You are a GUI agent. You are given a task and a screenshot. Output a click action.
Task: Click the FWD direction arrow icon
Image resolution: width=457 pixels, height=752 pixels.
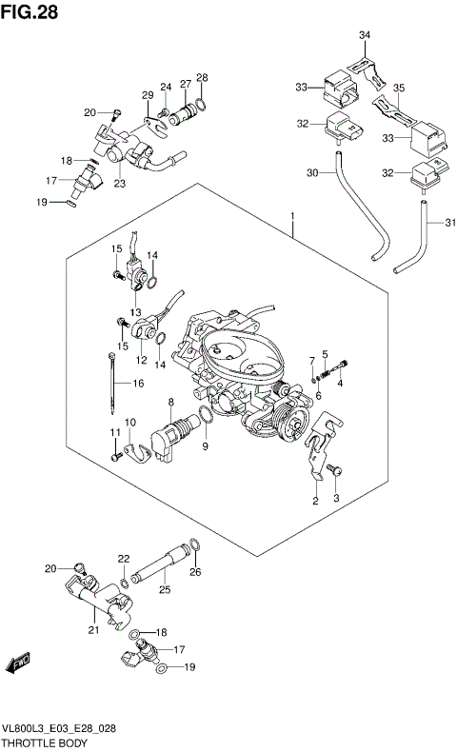point(18,661)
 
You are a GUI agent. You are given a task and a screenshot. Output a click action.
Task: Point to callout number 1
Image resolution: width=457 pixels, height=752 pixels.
point(291,218)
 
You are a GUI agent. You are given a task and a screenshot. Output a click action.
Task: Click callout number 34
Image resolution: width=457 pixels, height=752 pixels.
point(364,35)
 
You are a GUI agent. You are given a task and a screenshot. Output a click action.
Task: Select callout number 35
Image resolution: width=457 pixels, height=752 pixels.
point(399,88)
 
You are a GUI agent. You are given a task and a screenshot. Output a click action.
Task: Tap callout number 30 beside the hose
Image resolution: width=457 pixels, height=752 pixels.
point(312,172)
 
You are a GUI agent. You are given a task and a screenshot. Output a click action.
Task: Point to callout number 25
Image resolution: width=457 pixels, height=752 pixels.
point(164,591)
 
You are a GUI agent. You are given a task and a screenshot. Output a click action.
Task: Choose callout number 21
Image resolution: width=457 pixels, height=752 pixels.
point(93,629)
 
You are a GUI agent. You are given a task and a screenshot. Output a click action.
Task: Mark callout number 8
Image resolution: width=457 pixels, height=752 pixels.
point(170,403)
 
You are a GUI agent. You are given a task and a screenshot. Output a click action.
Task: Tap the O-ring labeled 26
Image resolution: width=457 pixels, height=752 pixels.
point(193,545)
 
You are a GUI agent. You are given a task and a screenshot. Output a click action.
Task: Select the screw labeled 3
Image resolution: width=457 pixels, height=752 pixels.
point(332,470)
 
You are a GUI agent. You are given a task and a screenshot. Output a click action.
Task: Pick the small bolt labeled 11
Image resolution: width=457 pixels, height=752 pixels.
point(115,457)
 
